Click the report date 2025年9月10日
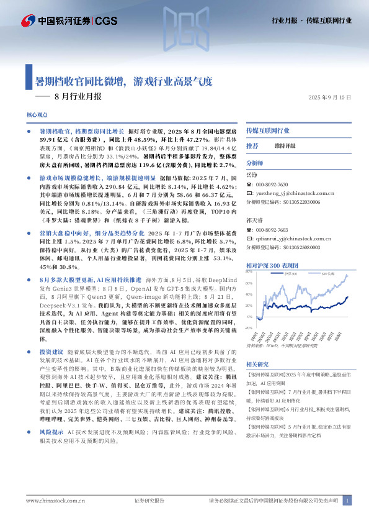coord(330,98)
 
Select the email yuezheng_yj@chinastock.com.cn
coord(295,194)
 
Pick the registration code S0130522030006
coord(292,202)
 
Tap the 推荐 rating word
coord(252,145)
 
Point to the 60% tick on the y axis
coord(249,283)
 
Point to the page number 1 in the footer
coord(348,500)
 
